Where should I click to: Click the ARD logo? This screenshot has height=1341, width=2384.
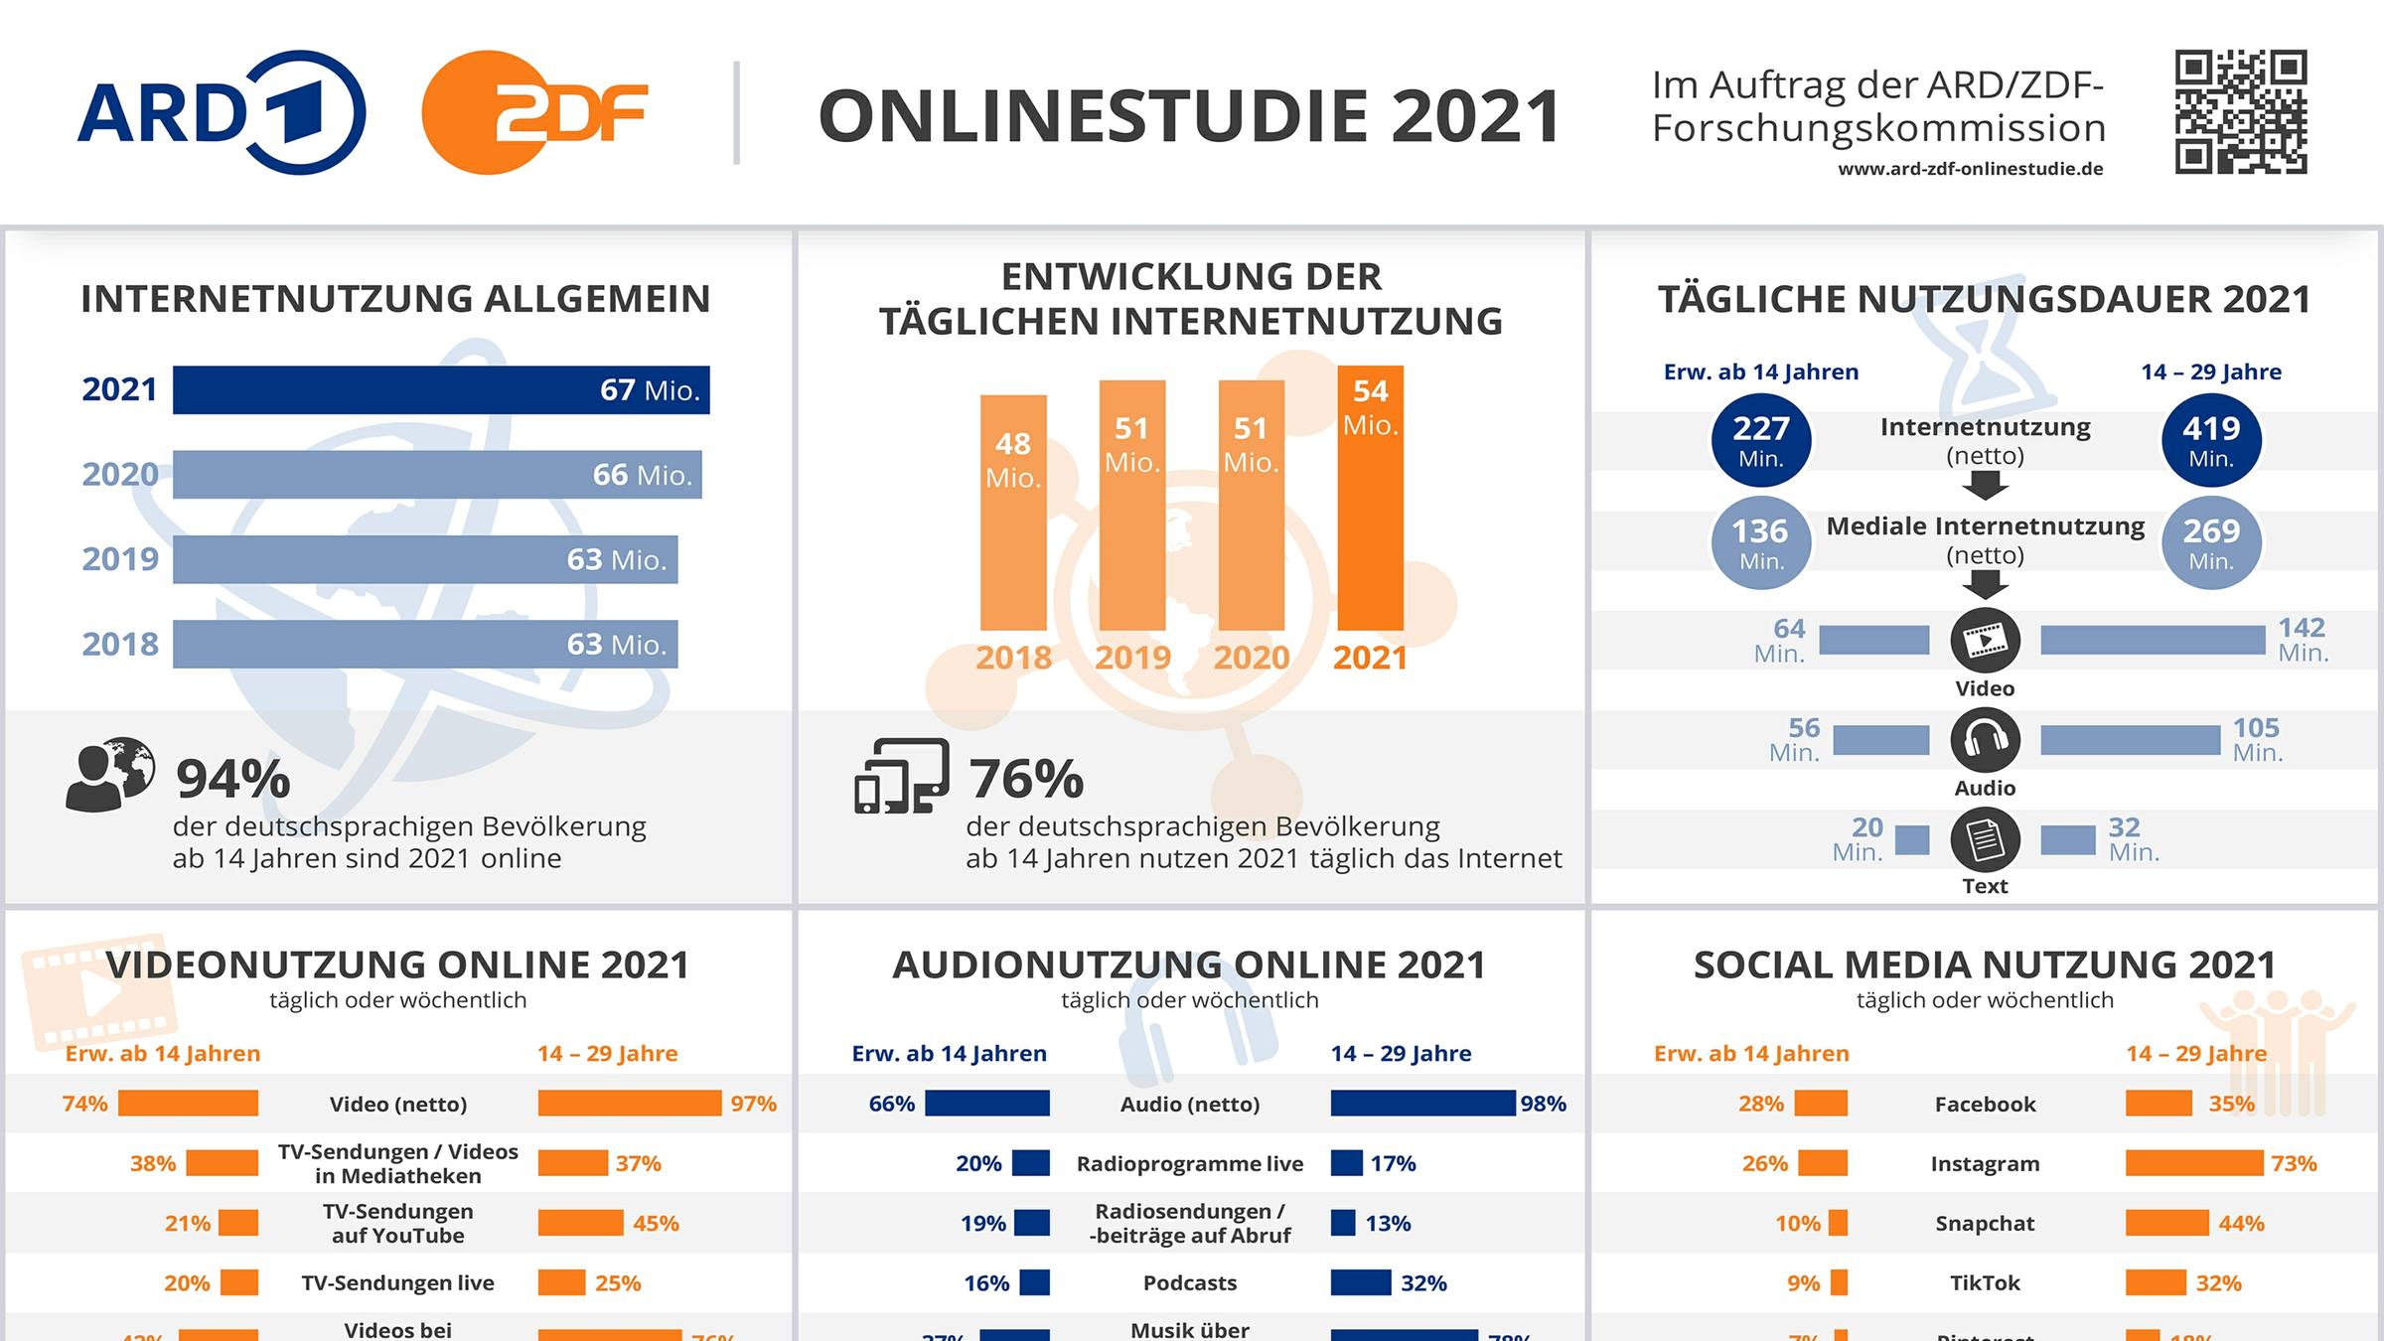point(221,112)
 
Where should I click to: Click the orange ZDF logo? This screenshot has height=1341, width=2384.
point(534,112)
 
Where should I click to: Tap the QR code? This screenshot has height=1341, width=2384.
point(2240,111)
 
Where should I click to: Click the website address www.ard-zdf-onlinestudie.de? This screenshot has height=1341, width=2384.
point(1970,169)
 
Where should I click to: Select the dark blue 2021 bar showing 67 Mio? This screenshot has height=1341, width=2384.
point(441,389)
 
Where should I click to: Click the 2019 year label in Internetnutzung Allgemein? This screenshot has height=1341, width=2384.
point(120,559)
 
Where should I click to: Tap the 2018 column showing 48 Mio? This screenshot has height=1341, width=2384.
point(1013,513)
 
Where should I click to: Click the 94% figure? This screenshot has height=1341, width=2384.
point(233,779)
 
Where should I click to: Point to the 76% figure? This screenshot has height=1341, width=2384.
point(1026,779)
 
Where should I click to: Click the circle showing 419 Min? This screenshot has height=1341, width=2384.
point(2211,440)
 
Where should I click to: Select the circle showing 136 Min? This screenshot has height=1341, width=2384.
point(1760,542)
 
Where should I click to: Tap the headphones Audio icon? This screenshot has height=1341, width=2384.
point(1985,740)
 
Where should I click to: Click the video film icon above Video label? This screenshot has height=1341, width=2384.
point(1985,641)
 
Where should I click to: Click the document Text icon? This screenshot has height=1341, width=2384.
point(1985,839)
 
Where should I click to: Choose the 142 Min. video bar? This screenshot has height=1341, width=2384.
point(2152,641)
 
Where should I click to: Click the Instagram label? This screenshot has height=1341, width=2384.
point(1985,1163)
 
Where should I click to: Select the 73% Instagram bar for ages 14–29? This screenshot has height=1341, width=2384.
point(2193,1163)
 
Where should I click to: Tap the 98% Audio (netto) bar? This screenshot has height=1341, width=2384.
point(1422,1104)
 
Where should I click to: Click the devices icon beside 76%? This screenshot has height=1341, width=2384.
point(901,776)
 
